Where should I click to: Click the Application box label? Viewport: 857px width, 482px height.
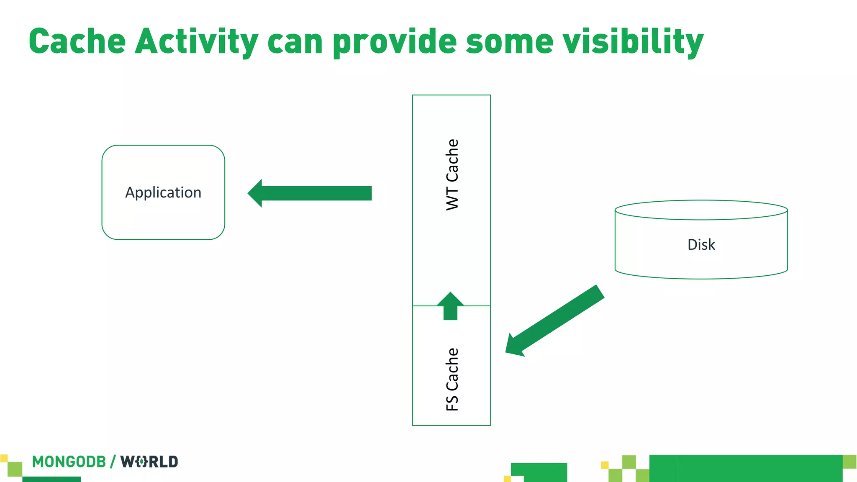tap(163, 192)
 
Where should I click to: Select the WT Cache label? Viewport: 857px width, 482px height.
tap(452, 174)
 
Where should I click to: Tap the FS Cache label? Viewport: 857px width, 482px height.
tap(452, 379)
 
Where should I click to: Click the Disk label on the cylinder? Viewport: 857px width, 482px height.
tap(701, 245)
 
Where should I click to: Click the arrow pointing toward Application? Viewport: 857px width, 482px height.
tap(314, 193)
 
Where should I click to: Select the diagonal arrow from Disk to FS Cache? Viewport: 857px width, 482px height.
tap(557, 320)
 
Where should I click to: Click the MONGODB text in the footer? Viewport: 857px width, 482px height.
tap(69, 462)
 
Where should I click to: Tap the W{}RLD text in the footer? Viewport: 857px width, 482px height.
tap(149, 462)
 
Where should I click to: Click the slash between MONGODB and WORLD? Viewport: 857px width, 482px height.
tap(113, 462)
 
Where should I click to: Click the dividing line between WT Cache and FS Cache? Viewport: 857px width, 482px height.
tap(473, 306)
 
